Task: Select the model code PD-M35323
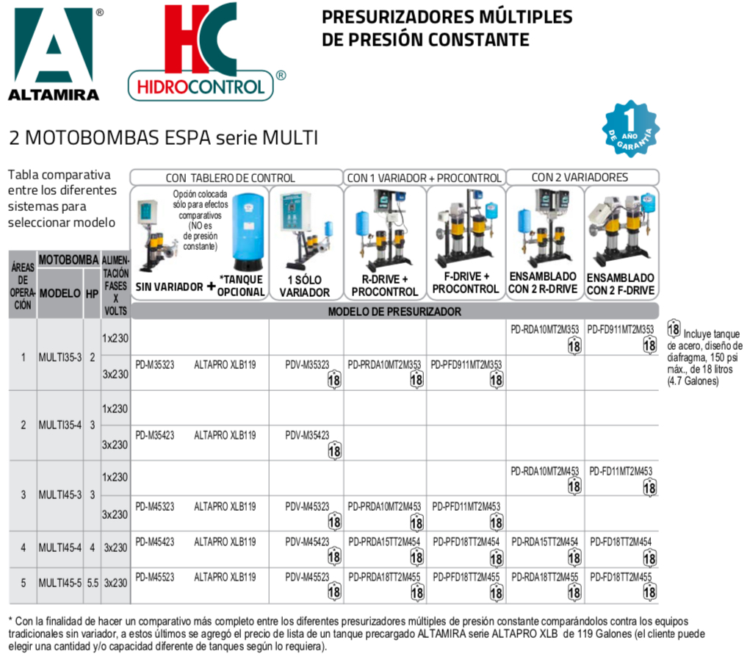pyautogui.click(x=155, y=364)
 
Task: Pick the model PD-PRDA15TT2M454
pyautogui.click(x=384, y=542)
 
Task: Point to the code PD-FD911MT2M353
pyautogui.click(x=622, y=328)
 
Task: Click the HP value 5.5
pyautogui.click(x=92, y=583)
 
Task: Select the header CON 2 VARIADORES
pyautogui.click(x=580, y=177)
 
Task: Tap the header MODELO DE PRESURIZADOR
pyautogui.click(x=394, y=311)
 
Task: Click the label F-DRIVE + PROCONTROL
pyautogui.click(x=466, y=282)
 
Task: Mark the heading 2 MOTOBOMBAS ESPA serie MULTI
pyautogui.click(x=163, y=137)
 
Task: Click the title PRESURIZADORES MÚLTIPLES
pyautogui.click(x=447, y=17)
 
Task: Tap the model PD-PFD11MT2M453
pyautogui.click(x=466, y=506)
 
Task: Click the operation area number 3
pyautogui.click(x=24, y=494)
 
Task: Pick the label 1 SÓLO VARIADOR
pyautogui.click(x=304, y=286)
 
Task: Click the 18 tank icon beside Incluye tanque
pyautogui.click(x=674, y=328)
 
